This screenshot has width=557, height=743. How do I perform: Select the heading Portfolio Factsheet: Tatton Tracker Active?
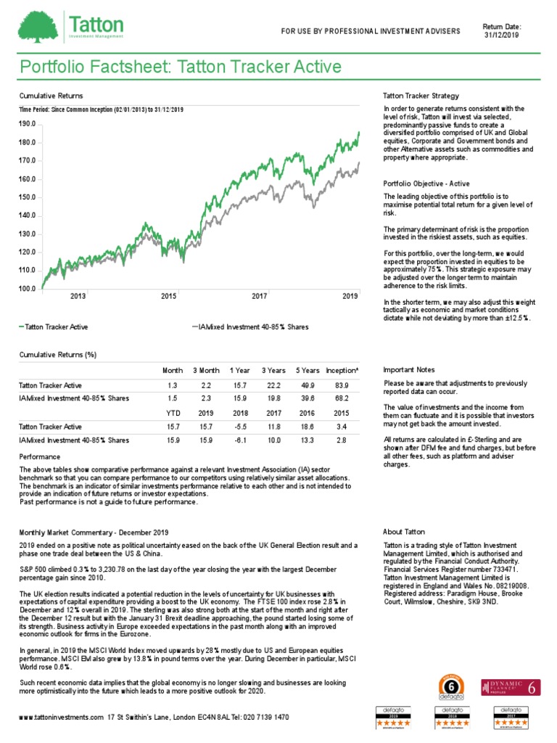coord(180,67)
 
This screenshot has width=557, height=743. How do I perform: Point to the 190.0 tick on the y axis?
coord(27,124)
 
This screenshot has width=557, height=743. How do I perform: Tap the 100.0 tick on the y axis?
coord(27,289)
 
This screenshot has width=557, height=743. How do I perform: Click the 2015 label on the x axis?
coord(168,296)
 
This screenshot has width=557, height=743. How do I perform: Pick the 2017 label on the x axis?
coord(259,296)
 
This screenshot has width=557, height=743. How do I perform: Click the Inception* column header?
coord(342,371)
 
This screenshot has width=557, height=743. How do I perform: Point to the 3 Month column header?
coord(206,371)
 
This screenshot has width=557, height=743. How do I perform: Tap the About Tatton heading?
coord(403,532)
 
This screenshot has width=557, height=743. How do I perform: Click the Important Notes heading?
coord(409,369)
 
